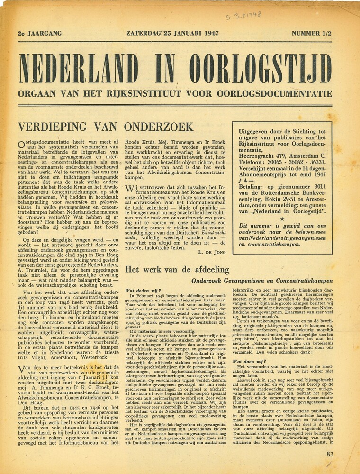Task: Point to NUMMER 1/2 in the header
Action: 312,34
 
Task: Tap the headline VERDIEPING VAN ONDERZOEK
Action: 105,127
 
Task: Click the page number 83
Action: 330,454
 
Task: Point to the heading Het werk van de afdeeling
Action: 177,270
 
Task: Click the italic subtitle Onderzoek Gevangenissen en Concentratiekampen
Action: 269,281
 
